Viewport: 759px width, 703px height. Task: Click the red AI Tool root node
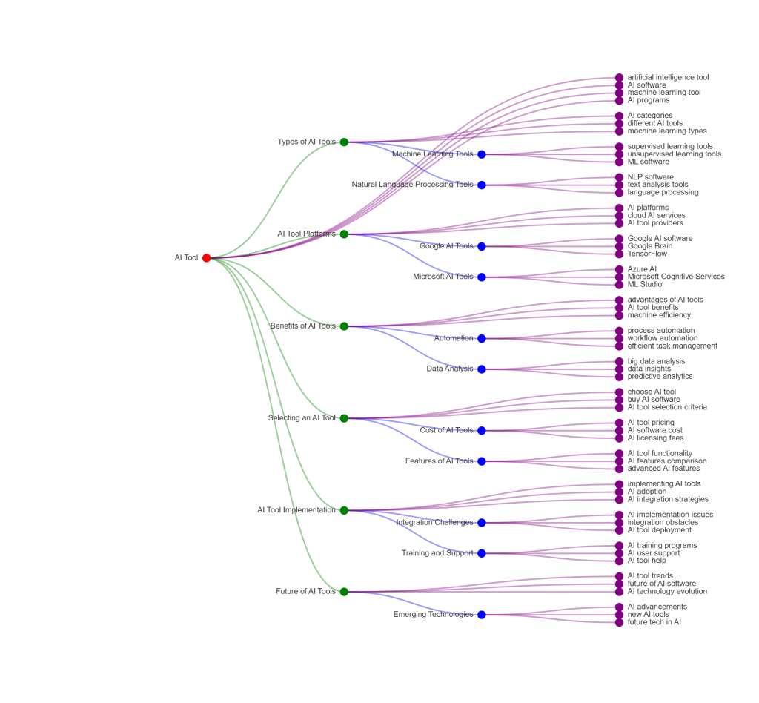click(x=207, y=258)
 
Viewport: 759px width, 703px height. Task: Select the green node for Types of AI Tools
click(x=344, y=142)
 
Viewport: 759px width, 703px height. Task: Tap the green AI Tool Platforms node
click(x=344, y=234)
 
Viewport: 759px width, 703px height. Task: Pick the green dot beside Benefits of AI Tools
click(x=344, y=326)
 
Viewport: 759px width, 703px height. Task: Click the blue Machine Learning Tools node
click(x=482, y=154)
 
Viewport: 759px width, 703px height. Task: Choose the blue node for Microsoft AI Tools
click(x=482, y=277)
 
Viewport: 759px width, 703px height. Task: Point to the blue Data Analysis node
click(x=482, y=369)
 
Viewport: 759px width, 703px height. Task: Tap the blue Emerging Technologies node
click(x=482, y=615)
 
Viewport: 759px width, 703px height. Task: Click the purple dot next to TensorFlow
click(x=620, y=254)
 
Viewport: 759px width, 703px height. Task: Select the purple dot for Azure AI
click(x=620, y=269)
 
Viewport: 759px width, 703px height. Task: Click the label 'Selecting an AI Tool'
click(x=302, y=418)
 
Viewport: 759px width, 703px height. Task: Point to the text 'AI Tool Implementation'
click(x=296, y=510)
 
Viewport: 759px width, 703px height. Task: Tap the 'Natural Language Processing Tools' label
click(x=412, y=185)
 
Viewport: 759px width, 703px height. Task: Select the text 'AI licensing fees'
click(x=655, y=438)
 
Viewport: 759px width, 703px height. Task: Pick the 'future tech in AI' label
click(x=654, y=622)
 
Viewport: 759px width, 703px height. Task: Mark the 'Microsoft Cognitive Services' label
click(x=676, y=277)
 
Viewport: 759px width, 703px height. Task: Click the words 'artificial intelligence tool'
click(x=668, y=77)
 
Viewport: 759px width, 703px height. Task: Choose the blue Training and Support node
click(x=482, y=553)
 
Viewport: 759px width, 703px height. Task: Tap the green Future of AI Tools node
click(x=344, y=592)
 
